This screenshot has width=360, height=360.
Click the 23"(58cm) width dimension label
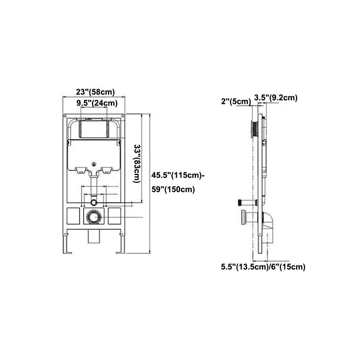pos(95,92)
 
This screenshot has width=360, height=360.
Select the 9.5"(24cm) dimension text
pos(97,103)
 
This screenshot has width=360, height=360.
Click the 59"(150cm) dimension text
pos(173,189)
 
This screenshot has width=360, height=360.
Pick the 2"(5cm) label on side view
pos(236,102)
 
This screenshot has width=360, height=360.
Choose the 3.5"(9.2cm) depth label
pos(275,97)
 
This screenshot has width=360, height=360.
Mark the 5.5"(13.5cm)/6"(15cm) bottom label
pos(263,267)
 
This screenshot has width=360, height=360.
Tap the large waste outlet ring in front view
pos(94,217)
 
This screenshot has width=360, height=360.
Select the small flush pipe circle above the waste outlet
pos(94,199)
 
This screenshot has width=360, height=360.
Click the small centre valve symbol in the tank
pos(94,164)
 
